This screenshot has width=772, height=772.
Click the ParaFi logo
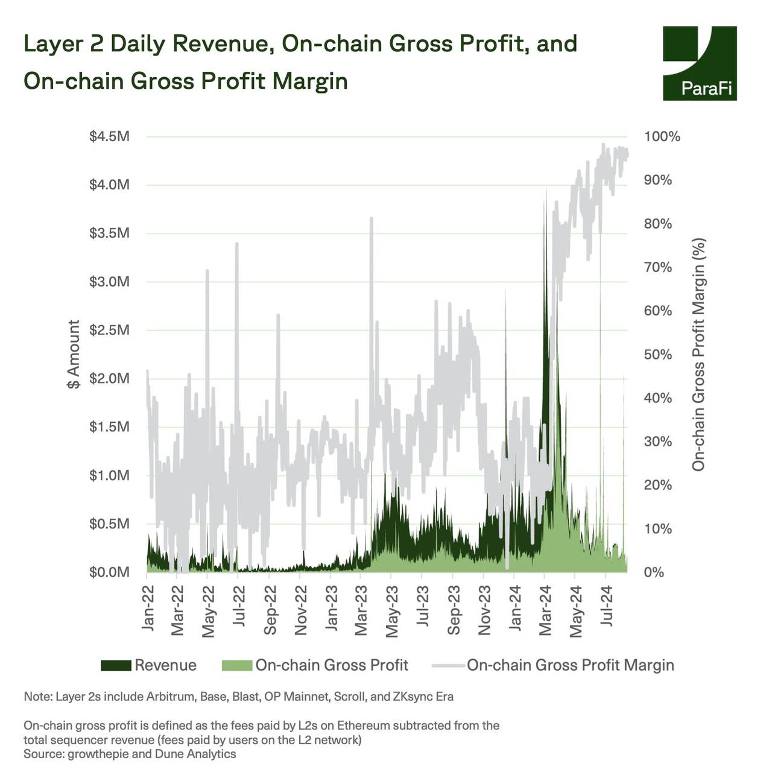tap(700, 63)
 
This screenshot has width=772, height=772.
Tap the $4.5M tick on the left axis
tap(109, 136)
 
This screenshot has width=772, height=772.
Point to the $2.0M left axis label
tap(109, 379)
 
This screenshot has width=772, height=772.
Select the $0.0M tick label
tap(109, 572)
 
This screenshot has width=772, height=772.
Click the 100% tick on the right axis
tap(662, 136)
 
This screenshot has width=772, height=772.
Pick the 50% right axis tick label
tap(657, 355)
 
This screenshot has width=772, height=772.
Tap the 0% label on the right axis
tap(653, 572)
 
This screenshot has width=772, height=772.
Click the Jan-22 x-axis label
tap(148, 608)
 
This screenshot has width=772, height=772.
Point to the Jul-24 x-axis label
tap(607, 606)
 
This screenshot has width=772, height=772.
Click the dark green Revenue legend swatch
tap(116, 665)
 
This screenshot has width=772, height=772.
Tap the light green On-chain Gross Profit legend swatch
tap(236, 665)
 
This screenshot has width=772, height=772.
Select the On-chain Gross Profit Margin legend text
tap(570, 665)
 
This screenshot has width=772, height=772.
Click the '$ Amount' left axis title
tap(74, 355)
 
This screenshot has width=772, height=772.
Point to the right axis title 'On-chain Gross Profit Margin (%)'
tap(698, 355)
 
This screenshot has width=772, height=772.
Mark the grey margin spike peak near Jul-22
tap(237, 244)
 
